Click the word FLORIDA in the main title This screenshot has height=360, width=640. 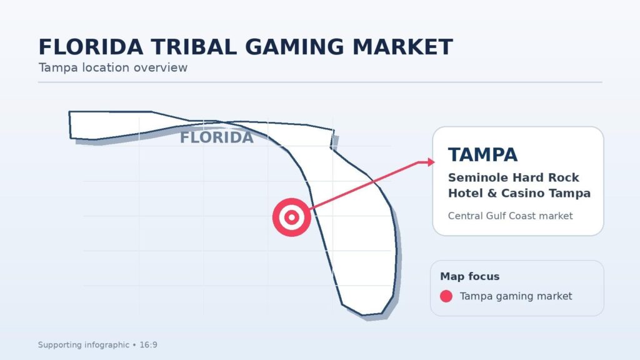click(91, 47)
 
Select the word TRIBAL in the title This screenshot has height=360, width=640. click(194, 47)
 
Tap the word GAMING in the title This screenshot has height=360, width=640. click(295, 47)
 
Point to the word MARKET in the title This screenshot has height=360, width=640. click(402, 47)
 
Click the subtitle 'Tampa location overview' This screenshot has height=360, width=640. click(113, 67)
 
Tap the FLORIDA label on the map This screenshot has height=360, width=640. click(217, 137)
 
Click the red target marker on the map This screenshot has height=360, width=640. click(292, 217)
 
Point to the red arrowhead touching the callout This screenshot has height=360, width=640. click(431, 162)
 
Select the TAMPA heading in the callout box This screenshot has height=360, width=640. click(483, 155)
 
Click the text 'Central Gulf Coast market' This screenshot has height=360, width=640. click(510, 216)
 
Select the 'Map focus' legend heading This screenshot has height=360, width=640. click(470, 276)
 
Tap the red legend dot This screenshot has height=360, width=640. click(446, 296)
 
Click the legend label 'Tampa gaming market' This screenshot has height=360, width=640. click(516, 296)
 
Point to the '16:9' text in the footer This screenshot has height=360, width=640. click(149, 345)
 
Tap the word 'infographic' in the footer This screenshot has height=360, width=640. click(107, 345)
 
